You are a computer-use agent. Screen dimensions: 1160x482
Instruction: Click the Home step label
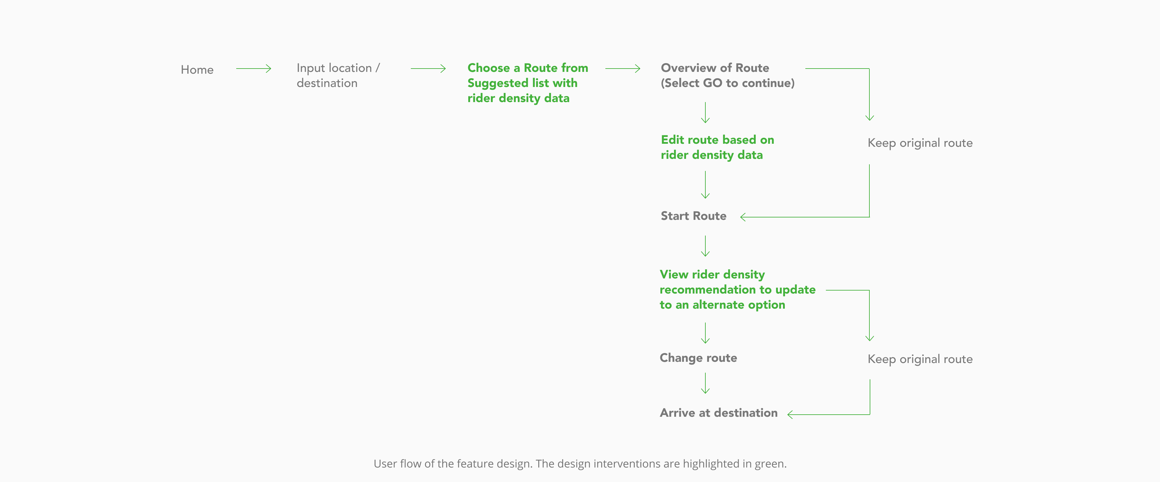tap(197, 70)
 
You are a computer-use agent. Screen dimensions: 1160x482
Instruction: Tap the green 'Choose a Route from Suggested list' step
tap(528, 83)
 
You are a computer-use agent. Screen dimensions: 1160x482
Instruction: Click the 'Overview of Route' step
tap(727, 75)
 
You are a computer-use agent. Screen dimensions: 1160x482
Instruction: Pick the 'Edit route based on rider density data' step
tap(717, 147)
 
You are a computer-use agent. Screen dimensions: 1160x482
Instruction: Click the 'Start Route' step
tap(694, 216)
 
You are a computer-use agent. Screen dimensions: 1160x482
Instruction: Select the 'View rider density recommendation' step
tap(738, 289)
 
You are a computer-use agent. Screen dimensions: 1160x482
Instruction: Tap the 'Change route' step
tap(698, 358)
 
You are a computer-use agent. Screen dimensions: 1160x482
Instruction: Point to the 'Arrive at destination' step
tap(719, 413)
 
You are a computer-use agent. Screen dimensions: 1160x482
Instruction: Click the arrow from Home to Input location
tap(253, 69)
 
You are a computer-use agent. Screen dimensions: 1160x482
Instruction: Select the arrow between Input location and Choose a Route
tap(428, 69)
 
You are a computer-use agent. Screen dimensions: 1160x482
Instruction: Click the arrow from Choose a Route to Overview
tap(623, 69)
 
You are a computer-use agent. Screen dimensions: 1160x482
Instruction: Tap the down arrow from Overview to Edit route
tap(705, 113)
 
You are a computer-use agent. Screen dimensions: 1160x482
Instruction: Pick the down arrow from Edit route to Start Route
tap(705, 185)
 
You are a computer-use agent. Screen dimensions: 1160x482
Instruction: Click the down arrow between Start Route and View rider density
tap(705, 246)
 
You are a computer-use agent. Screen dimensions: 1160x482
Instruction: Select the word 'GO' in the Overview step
tap(712, 83)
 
